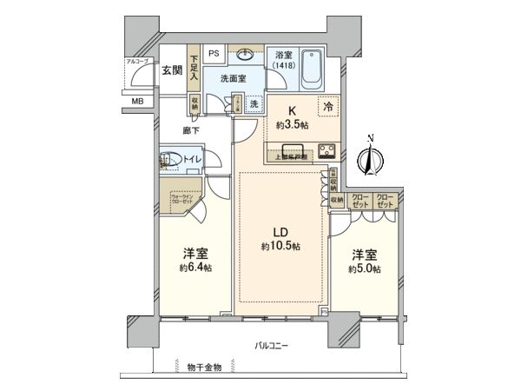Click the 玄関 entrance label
[x=170, y=71]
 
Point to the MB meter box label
[x=137, y=102]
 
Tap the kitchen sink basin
[x=290, y=145]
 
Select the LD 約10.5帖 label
[x=280, y=240]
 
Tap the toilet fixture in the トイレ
[x=167, y=161]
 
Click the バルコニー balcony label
[x=272, y=345]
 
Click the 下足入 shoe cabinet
[x=195, y=70]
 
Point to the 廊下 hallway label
[x=193, y=130]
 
